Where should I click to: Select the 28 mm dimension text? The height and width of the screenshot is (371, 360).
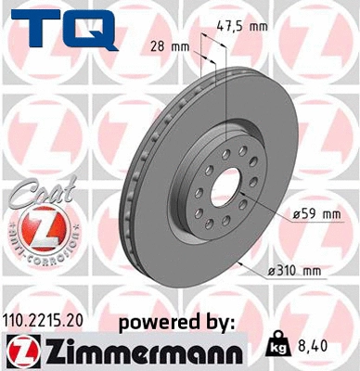pyautogui.click(x=164, y=45)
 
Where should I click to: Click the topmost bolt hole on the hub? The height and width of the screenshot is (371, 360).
pyautogui.click(x=224, y=139)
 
